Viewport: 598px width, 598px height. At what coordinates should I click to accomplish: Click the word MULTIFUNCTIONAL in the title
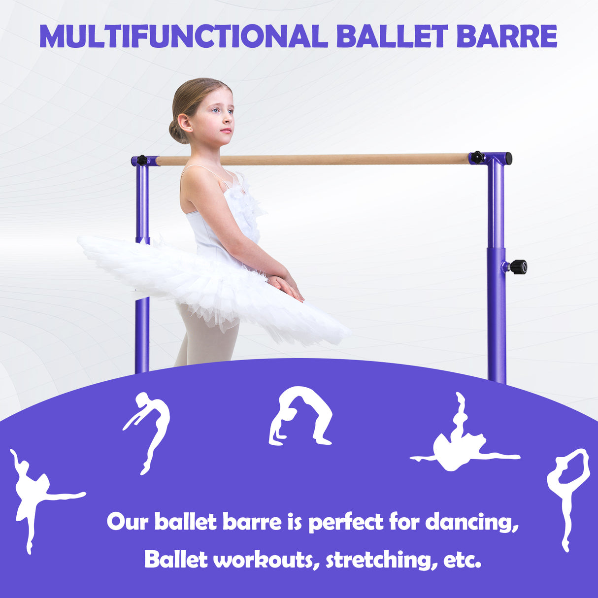pyautogui.click(x=183, y=36)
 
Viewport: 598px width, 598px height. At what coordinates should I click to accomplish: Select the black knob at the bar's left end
pyautogui.click(x=142, y=160)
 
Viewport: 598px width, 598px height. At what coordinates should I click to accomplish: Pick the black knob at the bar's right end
pyautogui.click(x=477, y=157)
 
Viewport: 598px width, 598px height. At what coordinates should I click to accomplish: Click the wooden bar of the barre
pyautogui.click(x=315, y=160)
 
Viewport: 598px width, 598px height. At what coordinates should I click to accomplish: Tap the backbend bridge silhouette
pyautogui.click(x=300, y=416)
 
